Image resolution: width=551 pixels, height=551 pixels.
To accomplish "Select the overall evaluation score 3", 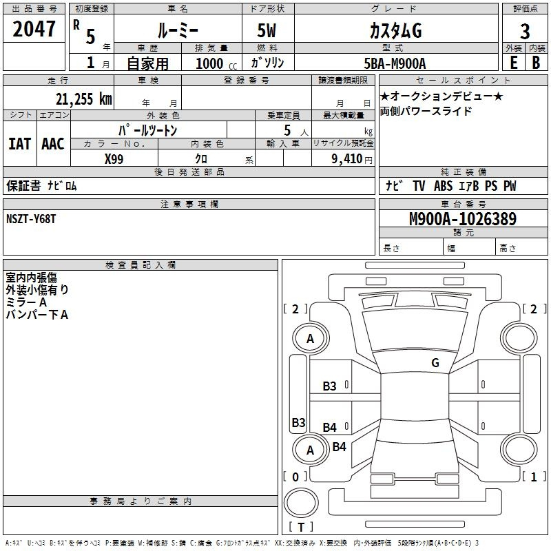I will pos(525,31).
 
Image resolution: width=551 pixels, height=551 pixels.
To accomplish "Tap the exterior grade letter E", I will pos(513,63).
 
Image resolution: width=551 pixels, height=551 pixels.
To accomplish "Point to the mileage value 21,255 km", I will pos(83,98).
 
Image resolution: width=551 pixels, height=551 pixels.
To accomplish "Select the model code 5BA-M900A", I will pos(395,63).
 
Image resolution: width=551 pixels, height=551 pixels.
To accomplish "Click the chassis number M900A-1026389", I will pos(462,219).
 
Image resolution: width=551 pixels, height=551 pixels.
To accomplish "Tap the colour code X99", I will pos(114,158).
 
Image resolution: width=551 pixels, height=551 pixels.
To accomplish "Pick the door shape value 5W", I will pos(267,31).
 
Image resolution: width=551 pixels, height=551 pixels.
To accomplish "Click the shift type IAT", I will pos(19,143).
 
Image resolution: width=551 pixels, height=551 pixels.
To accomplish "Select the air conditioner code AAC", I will pos(53,143).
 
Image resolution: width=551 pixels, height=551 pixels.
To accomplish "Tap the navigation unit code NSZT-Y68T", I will pos(31,218).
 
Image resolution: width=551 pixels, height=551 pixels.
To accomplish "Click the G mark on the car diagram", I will pos(435,362).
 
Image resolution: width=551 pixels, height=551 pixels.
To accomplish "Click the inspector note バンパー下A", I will pos(37,315).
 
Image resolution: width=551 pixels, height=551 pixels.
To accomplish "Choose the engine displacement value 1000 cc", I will pos(216,63).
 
